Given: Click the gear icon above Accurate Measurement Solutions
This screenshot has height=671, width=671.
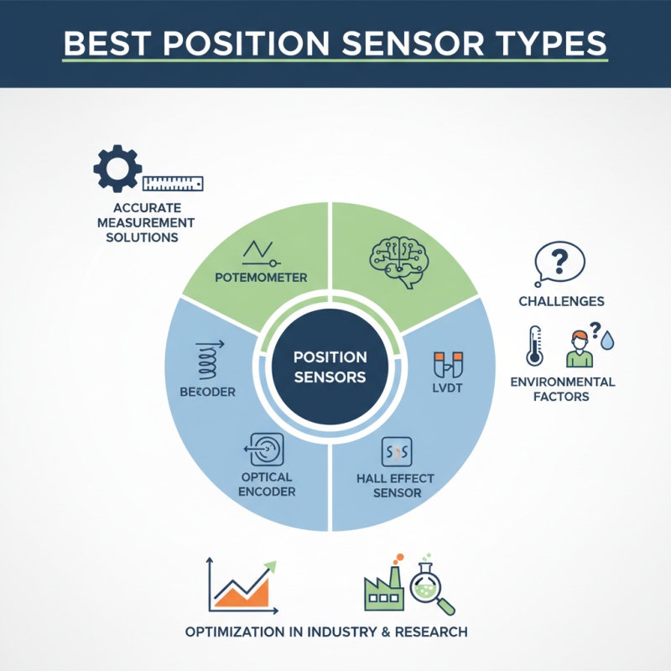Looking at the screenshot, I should [117, 169].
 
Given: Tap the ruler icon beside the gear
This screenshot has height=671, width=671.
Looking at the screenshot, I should [174, 182].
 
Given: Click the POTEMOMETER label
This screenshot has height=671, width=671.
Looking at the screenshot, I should [261, 278].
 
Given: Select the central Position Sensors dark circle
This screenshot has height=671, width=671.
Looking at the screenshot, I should [330, 367].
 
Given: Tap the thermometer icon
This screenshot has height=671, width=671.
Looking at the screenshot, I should [533, 345].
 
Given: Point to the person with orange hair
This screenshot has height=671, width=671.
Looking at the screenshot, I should [580, 348].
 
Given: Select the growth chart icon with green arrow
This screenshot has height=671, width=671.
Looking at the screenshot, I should [242, 584].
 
